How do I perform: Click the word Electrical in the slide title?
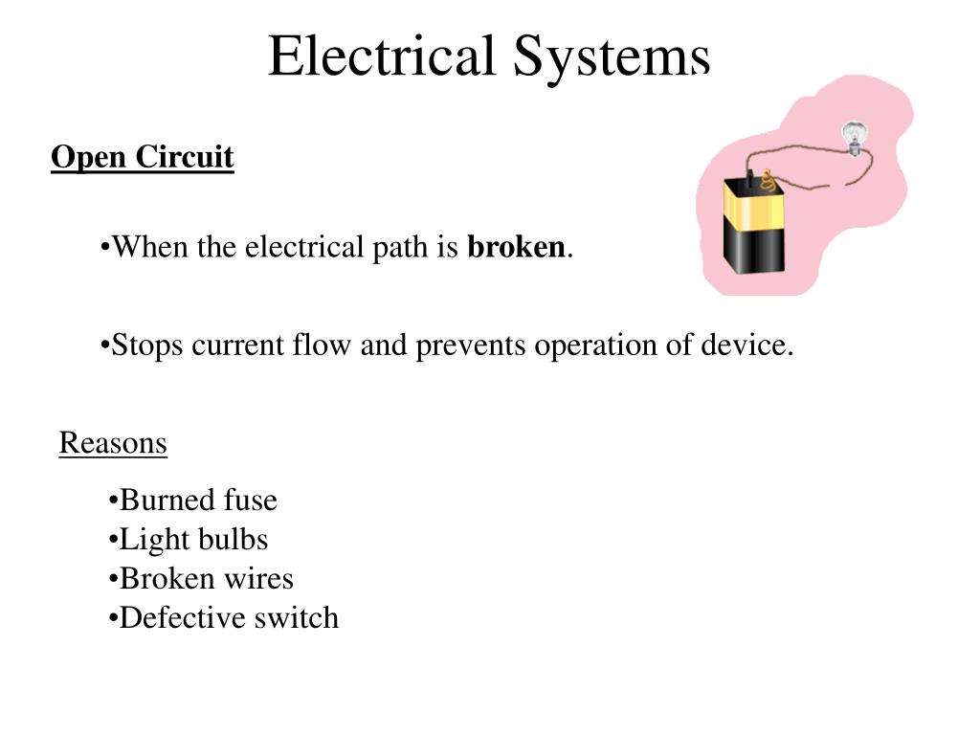pyautogui.click(x=383, y=56)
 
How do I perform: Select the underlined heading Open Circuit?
pyautogui.click(x=143, y=157)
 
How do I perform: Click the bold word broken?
pyautogui.click(x=517, y=248)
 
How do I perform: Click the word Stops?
pyautogui.click(x=147, y=345)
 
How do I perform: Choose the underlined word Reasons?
pyautogui.click(x=113, y=443)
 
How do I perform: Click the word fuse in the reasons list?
pyautogui.click(x=250, y=501)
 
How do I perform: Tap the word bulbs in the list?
pyautogui.click(x=233, y=540)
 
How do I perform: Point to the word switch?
pyautogui.click(x=297, y=618)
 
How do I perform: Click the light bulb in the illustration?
pyautogui.click(x=851, y=137)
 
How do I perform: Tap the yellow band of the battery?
pyautogui.click(x=754, y=204)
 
